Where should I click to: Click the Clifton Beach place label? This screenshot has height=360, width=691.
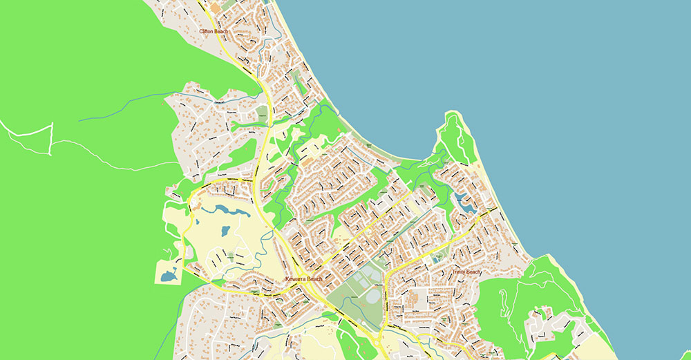[213, 31]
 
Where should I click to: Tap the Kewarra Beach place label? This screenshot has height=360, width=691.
[303, 278]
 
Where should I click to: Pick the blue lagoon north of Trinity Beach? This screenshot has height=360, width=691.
[464, 202]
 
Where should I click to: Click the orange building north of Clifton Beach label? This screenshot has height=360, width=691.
[214, 8]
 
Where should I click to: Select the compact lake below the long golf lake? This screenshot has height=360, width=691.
[226, 231]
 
